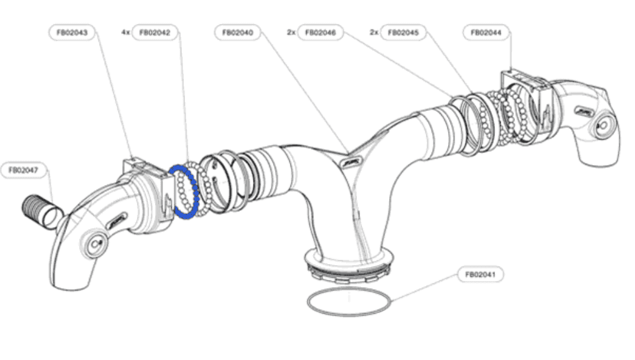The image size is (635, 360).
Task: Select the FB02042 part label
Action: [155, 32]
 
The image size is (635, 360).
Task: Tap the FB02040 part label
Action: [237, 32]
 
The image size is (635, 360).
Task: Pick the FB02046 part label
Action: [321, 32]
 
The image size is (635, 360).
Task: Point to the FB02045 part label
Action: [405, 32]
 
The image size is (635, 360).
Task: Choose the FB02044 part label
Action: [486, 32]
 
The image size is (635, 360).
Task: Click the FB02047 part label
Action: [24, 169]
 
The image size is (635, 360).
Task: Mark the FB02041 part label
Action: [480, 274]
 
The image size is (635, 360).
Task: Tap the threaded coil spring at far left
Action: [35, 209]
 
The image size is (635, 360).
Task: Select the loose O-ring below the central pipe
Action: [350, 304]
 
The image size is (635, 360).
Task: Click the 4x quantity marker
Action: [125, 32]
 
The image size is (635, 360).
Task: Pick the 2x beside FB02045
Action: [374, 32]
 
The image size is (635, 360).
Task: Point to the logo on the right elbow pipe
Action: [584, 110]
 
